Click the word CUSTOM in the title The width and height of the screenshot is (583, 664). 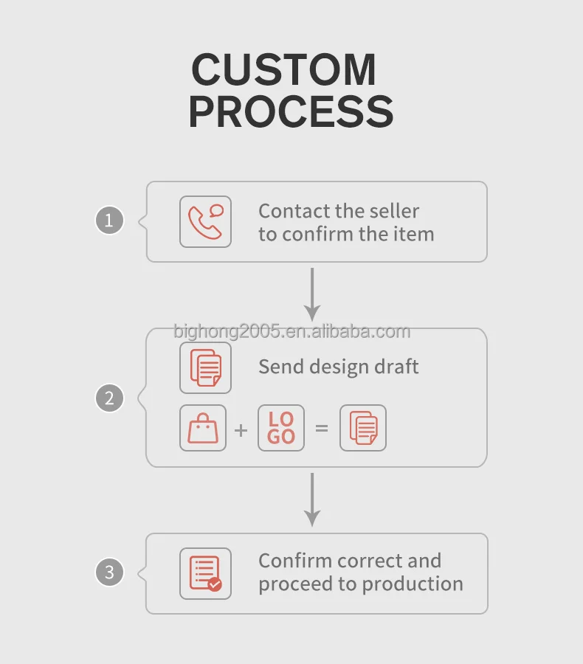pos(284,70)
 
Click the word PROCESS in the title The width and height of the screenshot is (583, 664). pos(291,111)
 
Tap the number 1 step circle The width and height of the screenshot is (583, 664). pos(109,220)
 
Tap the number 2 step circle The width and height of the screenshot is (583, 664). pos(109,398)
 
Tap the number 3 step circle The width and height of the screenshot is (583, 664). pos(109,573)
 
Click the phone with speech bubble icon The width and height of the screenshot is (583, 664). pos(205,221)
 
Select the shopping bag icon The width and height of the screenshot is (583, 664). pos(203,428)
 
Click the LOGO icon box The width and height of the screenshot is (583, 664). pos(280,428)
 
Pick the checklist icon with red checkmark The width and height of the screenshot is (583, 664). pos(205,573)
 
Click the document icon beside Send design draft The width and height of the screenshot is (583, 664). pos(205,367)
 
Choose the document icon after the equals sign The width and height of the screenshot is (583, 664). pos(362,428)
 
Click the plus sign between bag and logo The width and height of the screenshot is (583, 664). pos(241,429)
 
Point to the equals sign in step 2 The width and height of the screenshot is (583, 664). pos(322,427)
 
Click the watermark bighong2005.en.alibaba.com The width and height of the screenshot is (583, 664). pos(291,331)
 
